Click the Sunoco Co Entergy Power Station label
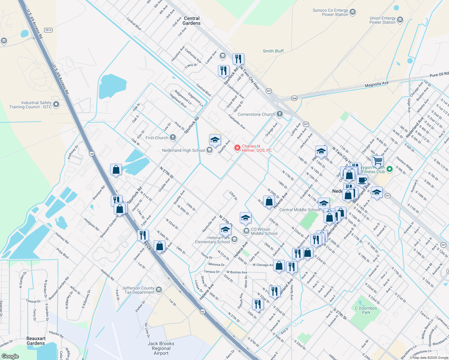click(330, 12)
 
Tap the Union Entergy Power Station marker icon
click(400, 20)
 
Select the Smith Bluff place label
click(273, 51)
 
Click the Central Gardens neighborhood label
click(191, 21)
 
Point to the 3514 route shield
click(48, 30)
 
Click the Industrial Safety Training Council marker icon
click(56, 105)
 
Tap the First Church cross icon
click(173, 138)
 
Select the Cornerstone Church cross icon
click(280, 114)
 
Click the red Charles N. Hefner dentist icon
click(237, 148)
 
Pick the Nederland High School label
click(183, 150)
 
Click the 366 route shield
click(294, 98)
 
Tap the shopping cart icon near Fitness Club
click(378, 161)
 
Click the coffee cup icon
click(362, 180)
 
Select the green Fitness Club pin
click(390, 169)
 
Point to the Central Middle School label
click(300, 210)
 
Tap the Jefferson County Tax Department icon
click(159, 290)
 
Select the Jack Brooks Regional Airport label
click(161, 348)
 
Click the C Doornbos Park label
click(366, 310)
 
